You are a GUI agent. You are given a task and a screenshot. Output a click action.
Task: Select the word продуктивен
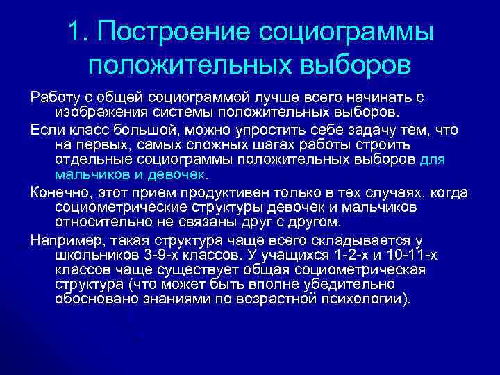(208, 192)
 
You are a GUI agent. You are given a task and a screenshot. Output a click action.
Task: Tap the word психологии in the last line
(365, 299)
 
